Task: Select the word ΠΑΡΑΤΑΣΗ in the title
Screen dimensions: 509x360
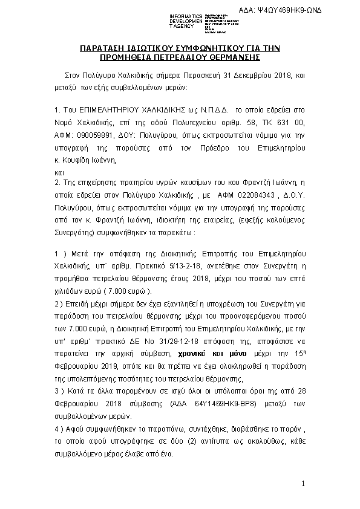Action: tap(106, 48)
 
